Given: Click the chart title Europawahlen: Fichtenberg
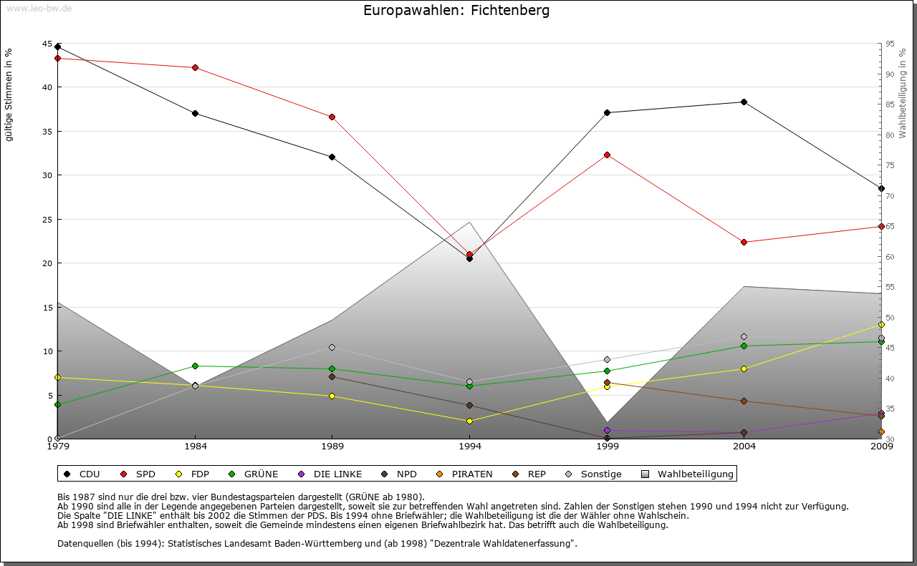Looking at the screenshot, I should (456, 11).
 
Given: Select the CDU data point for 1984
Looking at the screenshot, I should (195, 113).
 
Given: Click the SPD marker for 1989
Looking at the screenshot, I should (332, 117).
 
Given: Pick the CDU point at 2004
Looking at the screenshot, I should (744, 102).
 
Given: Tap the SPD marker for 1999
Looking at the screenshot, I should (607, 155).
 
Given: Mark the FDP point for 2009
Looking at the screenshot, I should (881, 324).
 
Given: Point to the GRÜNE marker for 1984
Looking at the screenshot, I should (195, 366).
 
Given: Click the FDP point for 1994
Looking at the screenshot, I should (469, 421).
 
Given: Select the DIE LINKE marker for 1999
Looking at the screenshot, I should (607, 430).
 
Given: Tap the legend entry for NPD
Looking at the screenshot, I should (403, 474).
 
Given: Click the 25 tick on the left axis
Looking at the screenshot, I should (47, 219).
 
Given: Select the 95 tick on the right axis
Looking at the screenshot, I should (890, 44).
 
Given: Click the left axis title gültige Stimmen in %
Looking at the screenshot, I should (9, 95).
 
